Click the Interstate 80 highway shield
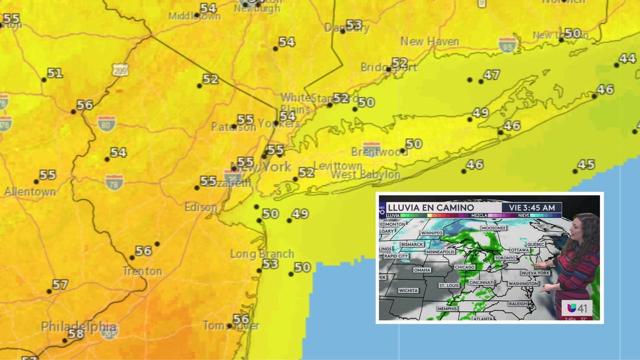(x=106, y=122)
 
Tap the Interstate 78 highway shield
(x=114, y=181)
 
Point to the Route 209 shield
(x=120, y=69)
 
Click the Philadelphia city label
(x=79, y=326)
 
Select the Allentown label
(x=30, y=191)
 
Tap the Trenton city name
(x=142, y=271)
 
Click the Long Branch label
(x=262, y=254)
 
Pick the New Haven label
(x=429, y=41)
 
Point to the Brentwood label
(x=380, y=152)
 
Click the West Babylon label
(x=365, y=175)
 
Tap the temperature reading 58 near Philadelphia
(x=76, y=334)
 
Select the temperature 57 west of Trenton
(x=60, y=285)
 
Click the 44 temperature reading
(x=627, y=58)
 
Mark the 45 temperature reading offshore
(x=586, y=164)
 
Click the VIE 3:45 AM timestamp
(x=531, y=207)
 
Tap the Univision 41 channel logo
(x=577, y=308)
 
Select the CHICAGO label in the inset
(x=464, y=267)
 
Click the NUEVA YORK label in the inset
(x=535, y=273)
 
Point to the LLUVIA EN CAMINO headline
(x=430, y=207)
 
